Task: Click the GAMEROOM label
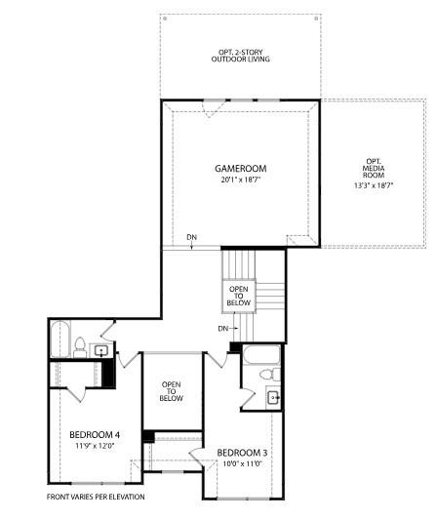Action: click(240, 169)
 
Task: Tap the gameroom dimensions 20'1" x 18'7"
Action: click(240, 180)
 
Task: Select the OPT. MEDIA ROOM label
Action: click(376, 168)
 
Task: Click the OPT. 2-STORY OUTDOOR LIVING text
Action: click(240, 56)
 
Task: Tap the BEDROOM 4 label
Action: click(95, 434)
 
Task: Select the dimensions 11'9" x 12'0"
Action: click(95, 446)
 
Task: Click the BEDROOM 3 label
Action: click(242, 453)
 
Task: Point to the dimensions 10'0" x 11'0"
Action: click(242, 464)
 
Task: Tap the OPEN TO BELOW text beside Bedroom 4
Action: click(171, 391)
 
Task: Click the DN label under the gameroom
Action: click(192, 237)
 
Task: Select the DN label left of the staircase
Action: click(224, 328)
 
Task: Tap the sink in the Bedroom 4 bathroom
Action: click(101, 350)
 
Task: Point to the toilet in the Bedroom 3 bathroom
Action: click(276, 374)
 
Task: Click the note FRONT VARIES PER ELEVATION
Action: click(96, 497)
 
